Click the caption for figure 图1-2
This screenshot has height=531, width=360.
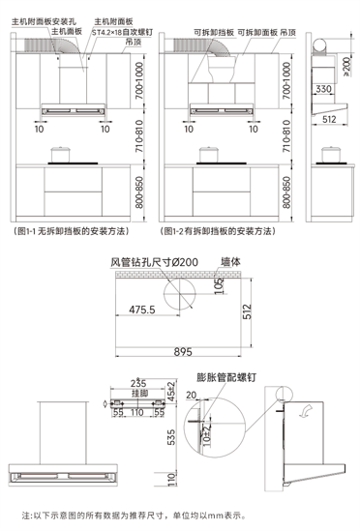(x=215, y=233)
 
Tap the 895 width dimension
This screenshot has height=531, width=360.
(x=184, y=353)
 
